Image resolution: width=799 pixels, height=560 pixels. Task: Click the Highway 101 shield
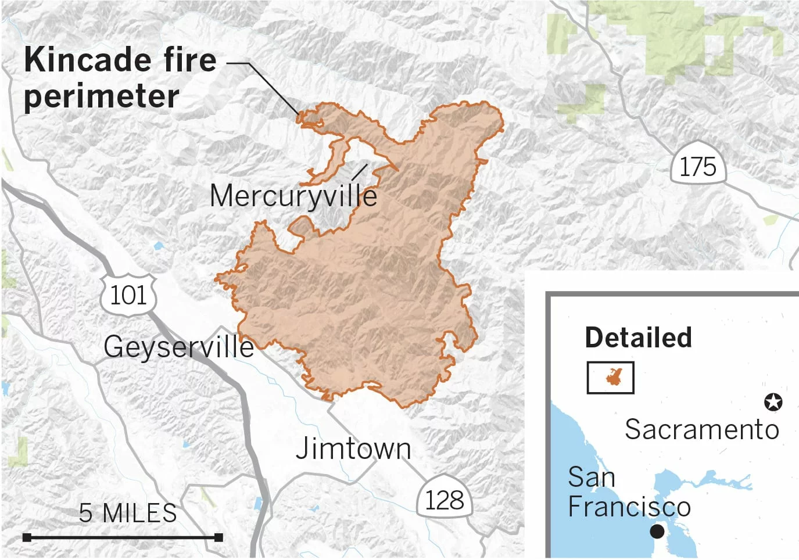[x=128, y=295]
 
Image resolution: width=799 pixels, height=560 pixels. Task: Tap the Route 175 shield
[x=698, y=166]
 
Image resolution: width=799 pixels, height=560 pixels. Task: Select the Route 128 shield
[x=445, y=499]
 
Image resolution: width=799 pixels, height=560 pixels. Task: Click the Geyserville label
[x=179, y=347]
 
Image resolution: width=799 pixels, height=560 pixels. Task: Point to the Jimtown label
[x=353, y=448]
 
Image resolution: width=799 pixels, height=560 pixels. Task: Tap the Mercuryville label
[x=293, y=196]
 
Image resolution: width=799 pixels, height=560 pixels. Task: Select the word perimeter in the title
[x=101, y=96]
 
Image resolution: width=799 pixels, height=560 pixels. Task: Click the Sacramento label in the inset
[x=702, y=430]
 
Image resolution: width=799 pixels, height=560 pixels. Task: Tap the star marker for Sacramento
[x=773, y=401]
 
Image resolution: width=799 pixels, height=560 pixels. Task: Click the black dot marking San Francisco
[x=657, y=531]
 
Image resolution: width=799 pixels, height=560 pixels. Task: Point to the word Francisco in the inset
[x=629, y=507]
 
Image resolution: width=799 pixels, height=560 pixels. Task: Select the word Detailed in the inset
[x=638, y=338]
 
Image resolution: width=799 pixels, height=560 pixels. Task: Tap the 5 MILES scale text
[x=128, y=513]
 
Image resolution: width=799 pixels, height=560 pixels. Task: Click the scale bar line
[x=123, y=537]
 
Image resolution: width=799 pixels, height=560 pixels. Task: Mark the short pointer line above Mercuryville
[x=359, y=172]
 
